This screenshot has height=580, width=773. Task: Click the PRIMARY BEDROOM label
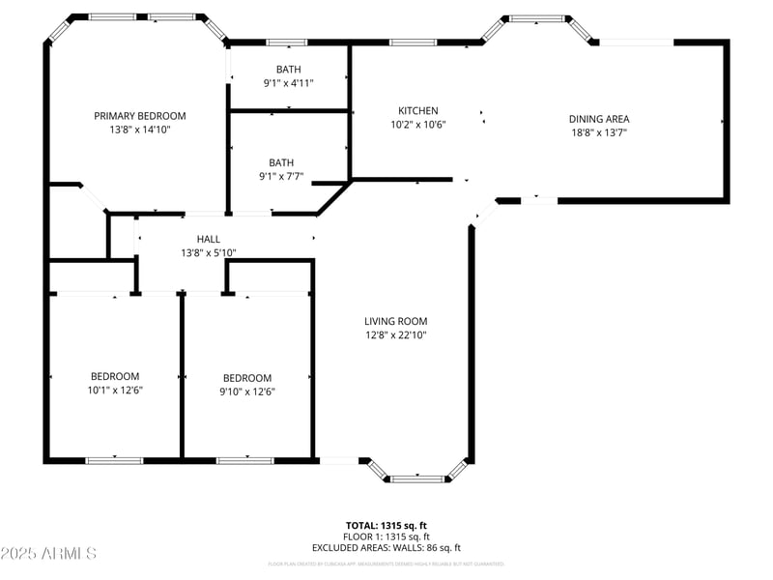139,116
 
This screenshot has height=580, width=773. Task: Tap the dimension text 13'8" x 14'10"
139,130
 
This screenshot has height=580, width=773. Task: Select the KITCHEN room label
417,111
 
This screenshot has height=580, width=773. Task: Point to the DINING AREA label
598,120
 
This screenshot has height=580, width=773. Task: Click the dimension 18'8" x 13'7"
598,133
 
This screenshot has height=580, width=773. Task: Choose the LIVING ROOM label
395,322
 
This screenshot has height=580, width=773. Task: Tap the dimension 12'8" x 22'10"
395,335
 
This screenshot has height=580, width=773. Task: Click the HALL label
208,239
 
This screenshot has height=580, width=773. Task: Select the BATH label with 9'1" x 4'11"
288,70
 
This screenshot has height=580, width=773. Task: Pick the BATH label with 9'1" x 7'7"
281,163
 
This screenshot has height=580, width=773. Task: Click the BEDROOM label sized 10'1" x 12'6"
115,377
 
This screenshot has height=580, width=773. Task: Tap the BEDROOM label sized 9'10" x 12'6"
247,378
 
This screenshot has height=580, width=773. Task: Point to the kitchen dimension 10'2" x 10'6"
417,125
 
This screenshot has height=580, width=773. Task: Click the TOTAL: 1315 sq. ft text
386,526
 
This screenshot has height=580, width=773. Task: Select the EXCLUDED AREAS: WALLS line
386,548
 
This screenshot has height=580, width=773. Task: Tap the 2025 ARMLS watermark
48,554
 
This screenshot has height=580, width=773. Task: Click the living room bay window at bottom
417,477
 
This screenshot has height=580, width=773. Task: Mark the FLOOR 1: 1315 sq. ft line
386,536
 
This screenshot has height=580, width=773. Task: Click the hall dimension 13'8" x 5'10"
208,252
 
